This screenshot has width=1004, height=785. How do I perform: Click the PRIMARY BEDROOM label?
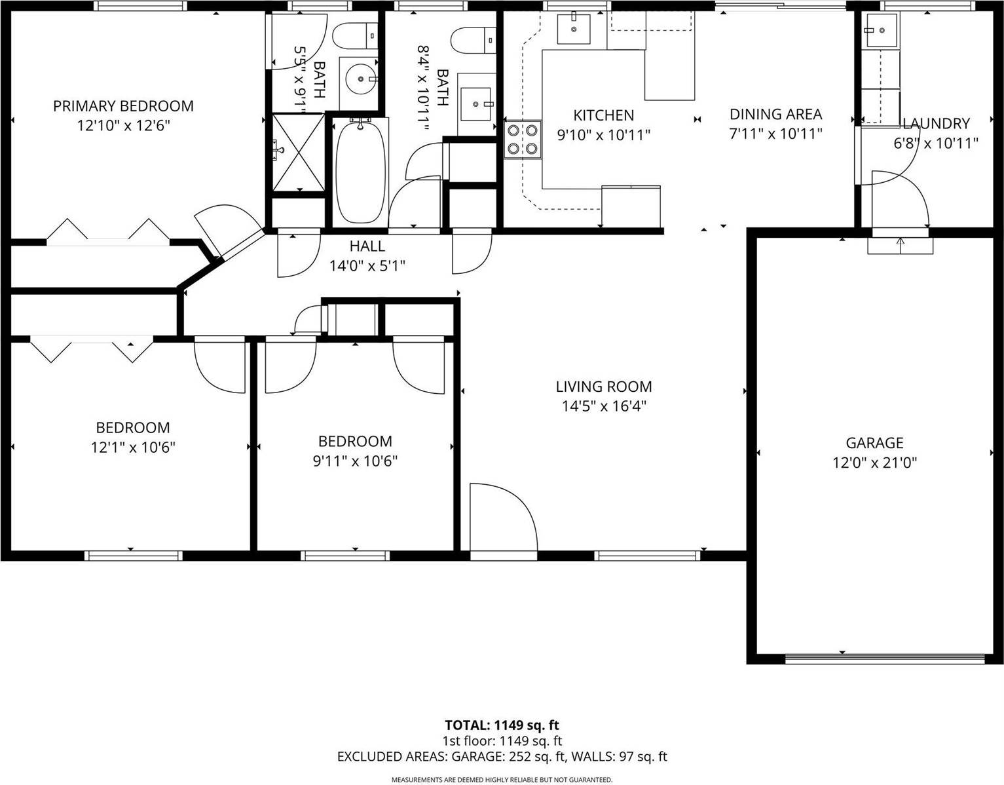[123, 106]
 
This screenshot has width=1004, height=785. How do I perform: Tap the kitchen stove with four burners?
[523, 140]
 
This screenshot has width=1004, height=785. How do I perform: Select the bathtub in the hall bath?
[360, 171]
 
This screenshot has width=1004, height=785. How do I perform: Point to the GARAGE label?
[874, 444]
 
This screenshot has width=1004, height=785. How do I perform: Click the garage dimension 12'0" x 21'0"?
[874, 463]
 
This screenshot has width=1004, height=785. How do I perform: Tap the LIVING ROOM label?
[604, 387]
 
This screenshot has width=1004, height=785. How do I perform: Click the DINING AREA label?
[775, 115]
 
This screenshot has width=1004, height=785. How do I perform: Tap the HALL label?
[367, 246]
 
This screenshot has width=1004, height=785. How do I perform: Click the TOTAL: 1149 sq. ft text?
[502, 725]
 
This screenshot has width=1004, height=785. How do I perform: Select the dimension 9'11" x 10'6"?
[355, 461]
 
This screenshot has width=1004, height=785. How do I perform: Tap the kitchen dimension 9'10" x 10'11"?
[603, 136]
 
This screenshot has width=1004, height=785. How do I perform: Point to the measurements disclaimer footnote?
[502, 780]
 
